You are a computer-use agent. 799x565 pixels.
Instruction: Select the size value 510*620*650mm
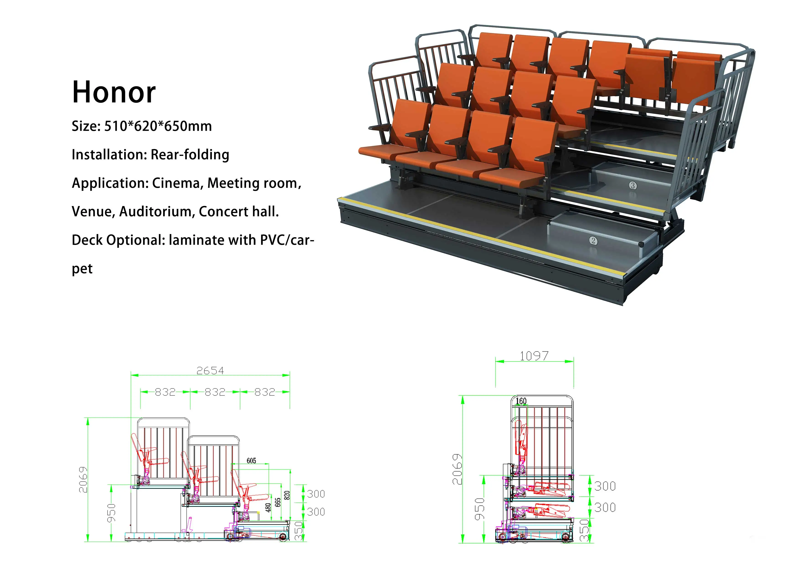[x=158, y=126]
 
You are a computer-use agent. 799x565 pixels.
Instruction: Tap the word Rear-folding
[x=190, y=154]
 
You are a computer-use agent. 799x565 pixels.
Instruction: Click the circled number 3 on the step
[x=633, y=185]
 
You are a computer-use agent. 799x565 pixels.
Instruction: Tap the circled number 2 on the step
[x=593, y=241]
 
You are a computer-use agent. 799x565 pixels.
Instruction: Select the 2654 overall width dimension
[x=210, y=370]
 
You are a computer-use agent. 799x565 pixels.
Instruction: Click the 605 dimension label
[x=251, y=461]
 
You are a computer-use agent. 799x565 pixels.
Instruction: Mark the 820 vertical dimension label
[x=287, y=496]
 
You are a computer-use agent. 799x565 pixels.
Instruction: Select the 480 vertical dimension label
[x=268, y=508]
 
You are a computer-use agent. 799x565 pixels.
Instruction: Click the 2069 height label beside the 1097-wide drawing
[x=457, y=469]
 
